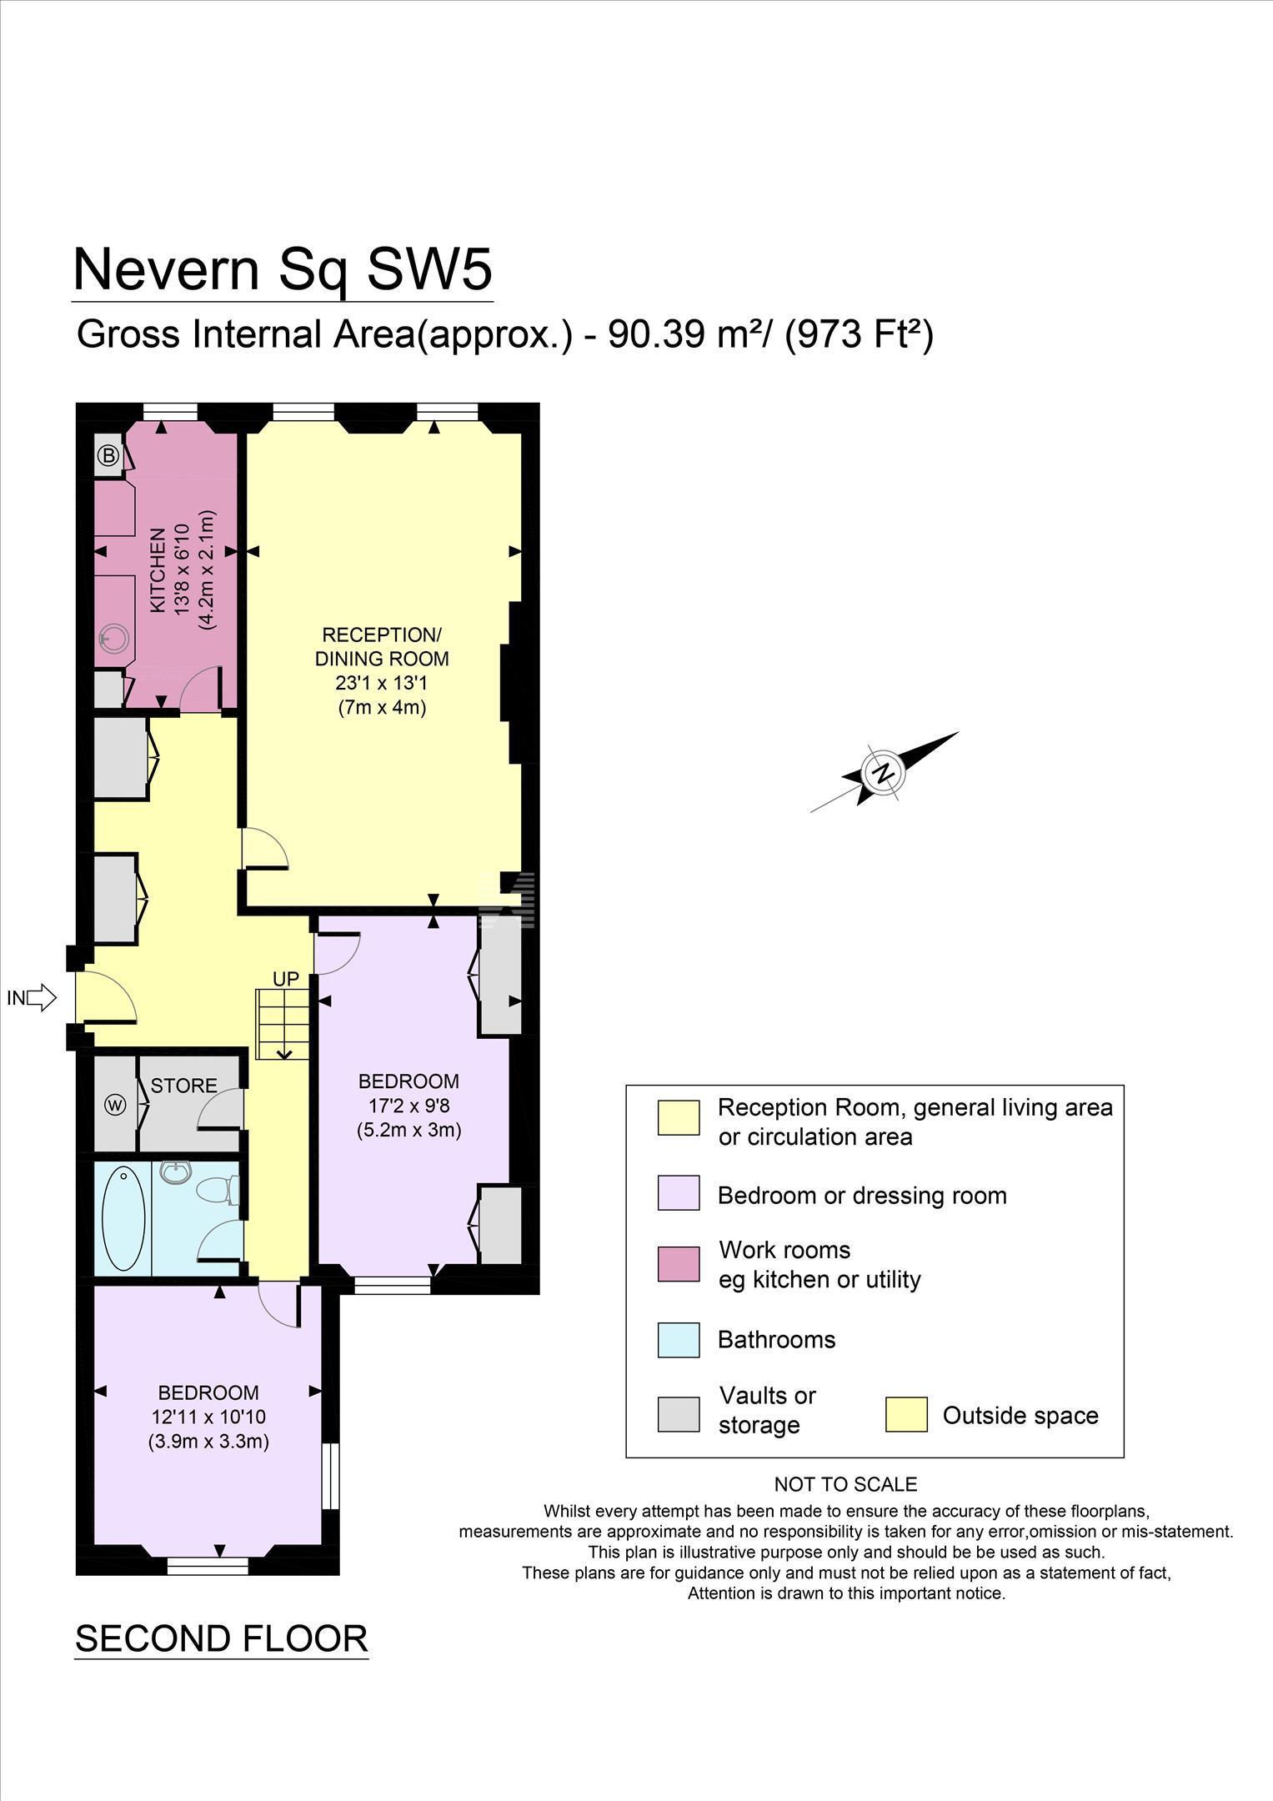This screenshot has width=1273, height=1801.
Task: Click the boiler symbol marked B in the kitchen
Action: (x=108, y=456)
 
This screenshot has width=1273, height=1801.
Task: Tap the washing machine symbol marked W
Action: (x=115, y=1105)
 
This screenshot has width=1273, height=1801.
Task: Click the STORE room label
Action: (x=183, y=1086)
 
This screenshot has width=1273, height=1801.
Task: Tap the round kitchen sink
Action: (x=114, y=640)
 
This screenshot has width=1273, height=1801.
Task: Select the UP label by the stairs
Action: (x=285, y=979)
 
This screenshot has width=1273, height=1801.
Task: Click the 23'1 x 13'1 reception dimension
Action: (x=382, y=683)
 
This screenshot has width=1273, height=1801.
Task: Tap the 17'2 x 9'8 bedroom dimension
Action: (x=408, y=1106)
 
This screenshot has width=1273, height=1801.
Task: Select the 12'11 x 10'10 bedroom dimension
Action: (x=208, y=1417)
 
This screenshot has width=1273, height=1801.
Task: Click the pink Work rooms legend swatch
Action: (x=679, y=1264)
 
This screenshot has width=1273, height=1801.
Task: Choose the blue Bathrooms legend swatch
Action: (x=679, y=1340)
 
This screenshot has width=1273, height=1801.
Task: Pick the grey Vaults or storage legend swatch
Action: (x=679, y=1414)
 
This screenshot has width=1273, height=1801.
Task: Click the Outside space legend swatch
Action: (x=906, y=1414)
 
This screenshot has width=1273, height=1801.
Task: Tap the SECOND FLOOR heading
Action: (x=221, y=1638)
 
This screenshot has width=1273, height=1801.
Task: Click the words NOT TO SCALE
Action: (x=845, y=1484)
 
